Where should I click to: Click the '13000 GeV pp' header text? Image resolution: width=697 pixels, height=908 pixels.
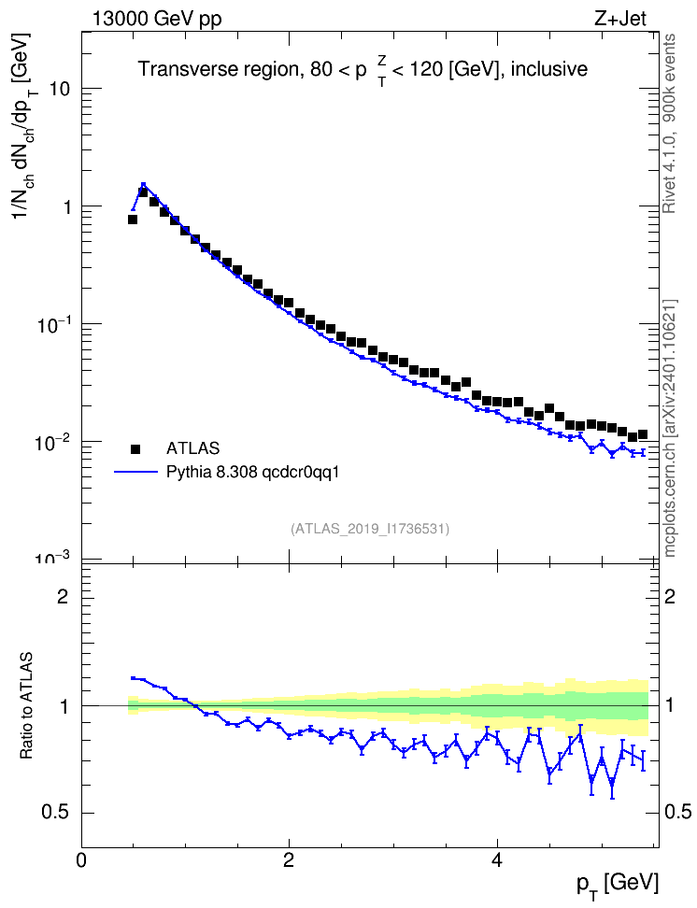[157, 19]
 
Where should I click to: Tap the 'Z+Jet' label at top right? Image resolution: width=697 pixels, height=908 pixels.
[620, 19]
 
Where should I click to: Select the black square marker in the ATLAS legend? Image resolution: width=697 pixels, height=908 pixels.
[135, 448]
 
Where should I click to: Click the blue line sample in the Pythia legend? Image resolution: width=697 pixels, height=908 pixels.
[136, 473]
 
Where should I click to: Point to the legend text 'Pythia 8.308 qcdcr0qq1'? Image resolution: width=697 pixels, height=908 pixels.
[252, 473]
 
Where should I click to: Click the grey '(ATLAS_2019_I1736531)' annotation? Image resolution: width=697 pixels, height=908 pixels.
[370, 529]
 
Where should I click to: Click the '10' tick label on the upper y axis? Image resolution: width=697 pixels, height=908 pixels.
[59, 89]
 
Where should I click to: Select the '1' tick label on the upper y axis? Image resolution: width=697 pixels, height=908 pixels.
[66, 206]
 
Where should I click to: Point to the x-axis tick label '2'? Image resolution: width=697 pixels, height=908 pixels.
[289, 860]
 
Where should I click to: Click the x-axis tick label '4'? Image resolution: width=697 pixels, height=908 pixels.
[496, 860]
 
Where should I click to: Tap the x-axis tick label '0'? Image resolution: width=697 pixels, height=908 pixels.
[81, 860]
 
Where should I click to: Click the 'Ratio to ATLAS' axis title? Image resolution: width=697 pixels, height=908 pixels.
[26, 705]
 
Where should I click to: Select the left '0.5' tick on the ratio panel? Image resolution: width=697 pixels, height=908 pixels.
[55, 813]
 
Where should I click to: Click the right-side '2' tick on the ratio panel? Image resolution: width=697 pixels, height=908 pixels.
[670, 596]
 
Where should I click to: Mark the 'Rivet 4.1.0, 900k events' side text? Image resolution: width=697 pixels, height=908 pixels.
[669, 123]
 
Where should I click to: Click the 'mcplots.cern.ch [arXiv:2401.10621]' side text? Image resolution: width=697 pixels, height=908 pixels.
[669, 428]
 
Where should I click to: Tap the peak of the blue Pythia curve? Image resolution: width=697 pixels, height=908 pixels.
[143, 184]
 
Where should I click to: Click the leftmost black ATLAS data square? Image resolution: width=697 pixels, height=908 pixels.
[133, 220]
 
